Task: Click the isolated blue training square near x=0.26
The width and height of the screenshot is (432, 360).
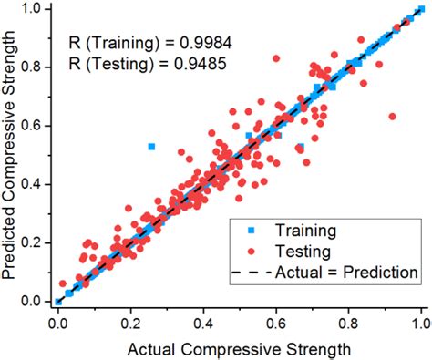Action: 152,146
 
